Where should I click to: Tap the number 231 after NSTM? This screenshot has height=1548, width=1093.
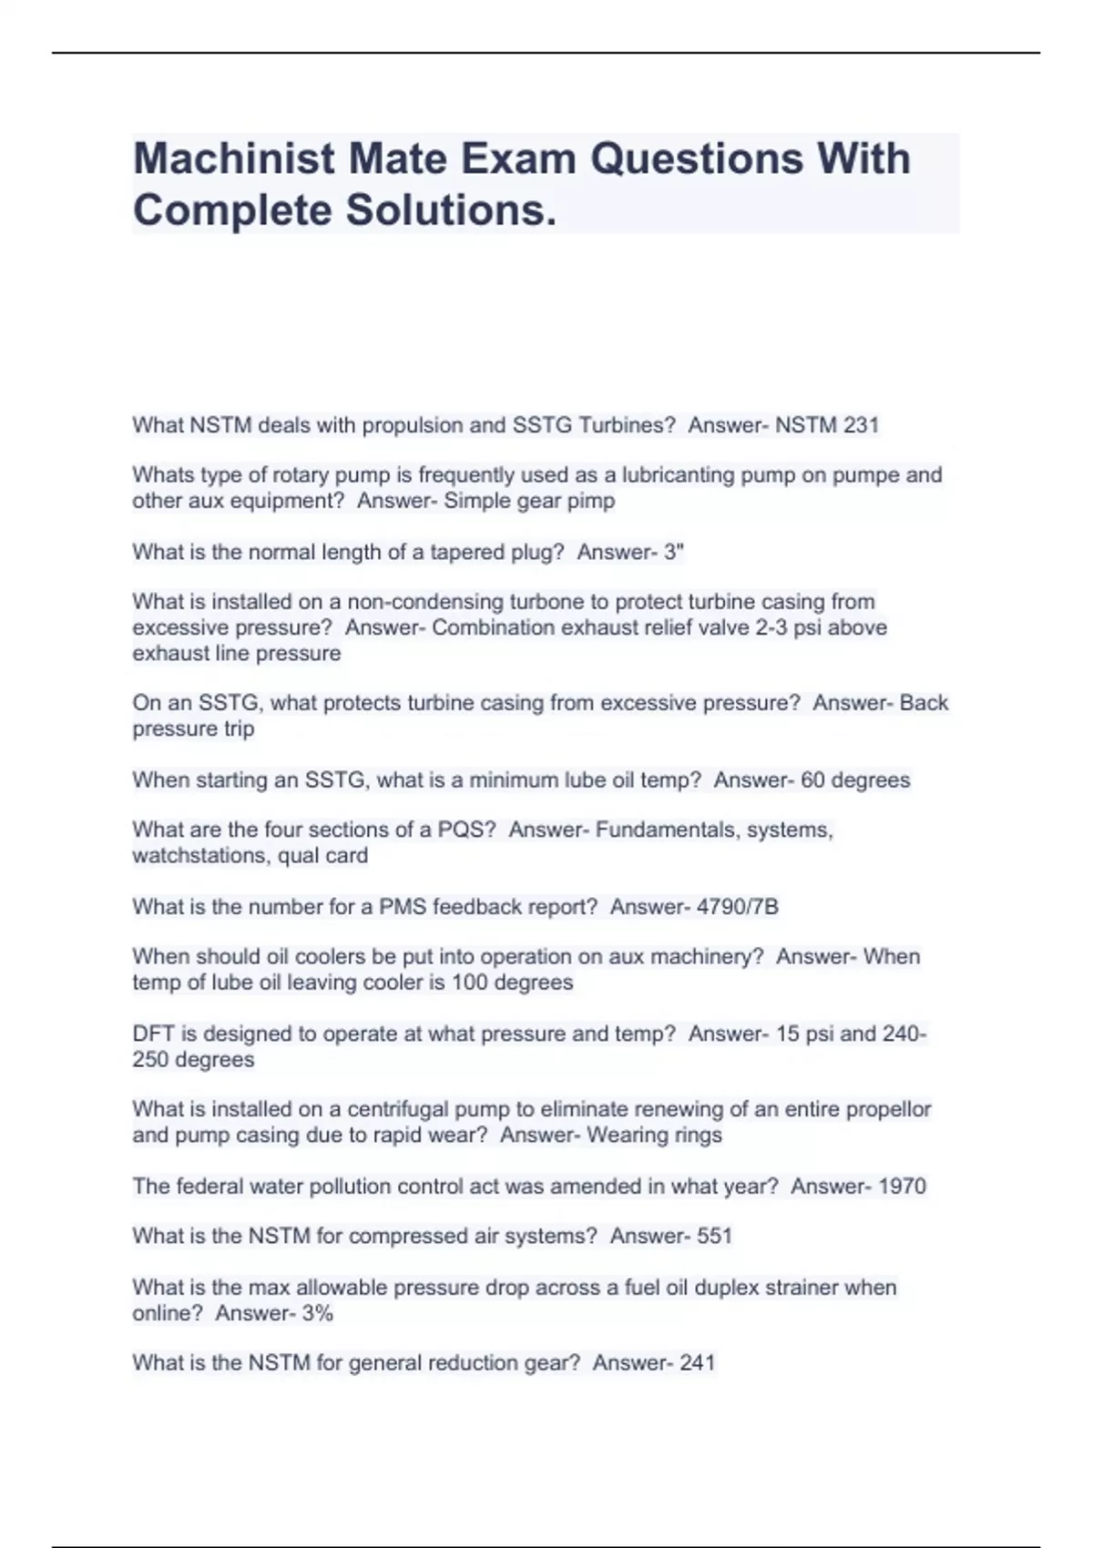[x=860, y=424]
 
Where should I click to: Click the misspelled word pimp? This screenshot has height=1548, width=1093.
[x=592, y=501]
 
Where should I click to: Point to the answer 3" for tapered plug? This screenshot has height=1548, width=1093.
[x=674, y=552]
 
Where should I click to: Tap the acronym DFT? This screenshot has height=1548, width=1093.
[x=151, y=1034]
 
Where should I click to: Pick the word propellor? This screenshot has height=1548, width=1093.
[x=888, y=1109]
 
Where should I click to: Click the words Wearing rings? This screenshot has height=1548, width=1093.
[x=654, y=1135]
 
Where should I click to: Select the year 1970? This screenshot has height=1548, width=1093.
[x=896, y=1186]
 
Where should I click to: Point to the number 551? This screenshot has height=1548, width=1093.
[x=714, y=1236]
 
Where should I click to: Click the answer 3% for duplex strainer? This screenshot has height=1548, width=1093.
[x=317, y=1313]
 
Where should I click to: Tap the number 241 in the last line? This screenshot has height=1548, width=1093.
[x=697, y=1362]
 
